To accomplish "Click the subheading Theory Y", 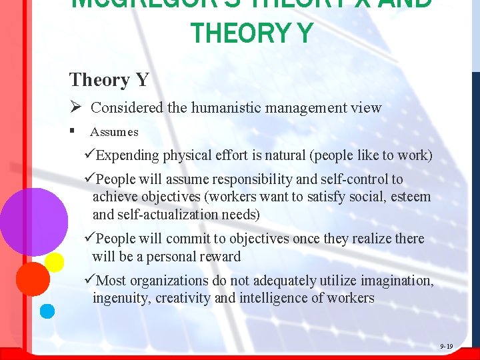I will (109, 80).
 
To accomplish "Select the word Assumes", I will (114, 132).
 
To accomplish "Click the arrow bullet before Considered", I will (75, 107).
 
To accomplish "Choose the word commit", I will (187, 239).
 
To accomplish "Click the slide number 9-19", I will (446, 346).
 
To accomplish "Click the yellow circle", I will (55, 262).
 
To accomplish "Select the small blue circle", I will (47, 310).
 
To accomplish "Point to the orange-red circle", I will (33, 279).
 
